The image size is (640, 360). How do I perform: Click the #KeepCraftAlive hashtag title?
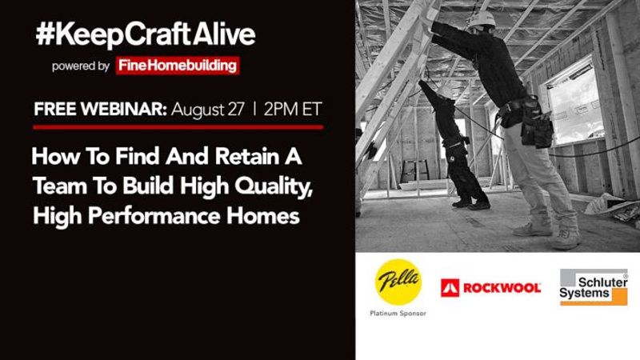146,34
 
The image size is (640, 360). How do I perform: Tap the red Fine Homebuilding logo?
178,66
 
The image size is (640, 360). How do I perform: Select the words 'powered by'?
81,66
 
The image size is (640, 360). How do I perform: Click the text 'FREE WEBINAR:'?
101,109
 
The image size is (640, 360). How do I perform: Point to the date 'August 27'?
208,110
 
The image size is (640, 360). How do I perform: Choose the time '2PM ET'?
293,109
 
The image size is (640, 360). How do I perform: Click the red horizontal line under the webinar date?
178,127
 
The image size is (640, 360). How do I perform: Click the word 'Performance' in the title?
154,216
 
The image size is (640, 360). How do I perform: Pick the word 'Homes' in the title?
263,215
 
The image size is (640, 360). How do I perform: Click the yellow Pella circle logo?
398,282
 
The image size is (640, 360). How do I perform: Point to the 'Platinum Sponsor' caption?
398,314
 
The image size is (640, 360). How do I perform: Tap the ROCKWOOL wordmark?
502,288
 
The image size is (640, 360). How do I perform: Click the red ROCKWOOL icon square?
450,288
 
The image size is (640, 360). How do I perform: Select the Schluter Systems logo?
594,287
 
